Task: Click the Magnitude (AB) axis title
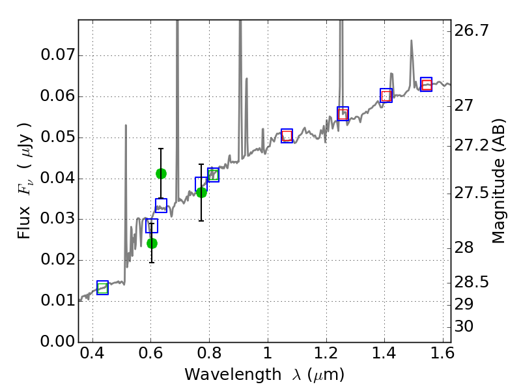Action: [x=499, y=181]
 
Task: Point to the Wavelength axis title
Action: [x=264, y=375]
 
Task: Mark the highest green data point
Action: [x=161, y=173]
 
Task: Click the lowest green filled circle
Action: [x=152, y=243]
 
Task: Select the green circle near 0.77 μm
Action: [x=201, y=192]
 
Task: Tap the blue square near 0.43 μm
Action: [x=102, y=287]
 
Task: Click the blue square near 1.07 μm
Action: [x=287, y=136]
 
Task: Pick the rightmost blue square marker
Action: [x=426, y=84]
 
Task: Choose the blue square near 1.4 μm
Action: [x=386, y=96]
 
